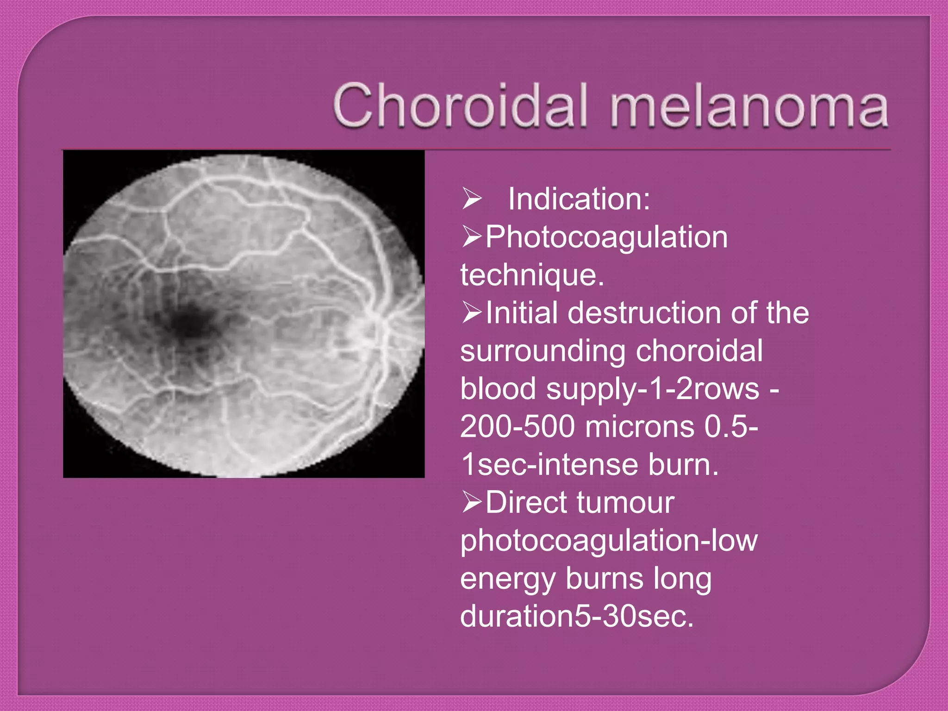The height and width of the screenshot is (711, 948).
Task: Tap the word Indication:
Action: click(579, 199)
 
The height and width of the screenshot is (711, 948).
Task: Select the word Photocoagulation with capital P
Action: click(606, 237)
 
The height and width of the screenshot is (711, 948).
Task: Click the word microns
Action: click(639, 426)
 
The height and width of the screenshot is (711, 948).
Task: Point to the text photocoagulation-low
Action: click(609, 541)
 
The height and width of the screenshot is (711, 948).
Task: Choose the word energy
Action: click(507, 579)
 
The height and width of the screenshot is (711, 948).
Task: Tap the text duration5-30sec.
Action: click(577, 617)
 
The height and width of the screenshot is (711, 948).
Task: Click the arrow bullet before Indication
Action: click(472, 199)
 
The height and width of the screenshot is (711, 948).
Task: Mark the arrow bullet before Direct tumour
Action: click(472, 502)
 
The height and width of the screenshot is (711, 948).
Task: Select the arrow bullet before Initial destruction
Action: click(472, 313)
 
